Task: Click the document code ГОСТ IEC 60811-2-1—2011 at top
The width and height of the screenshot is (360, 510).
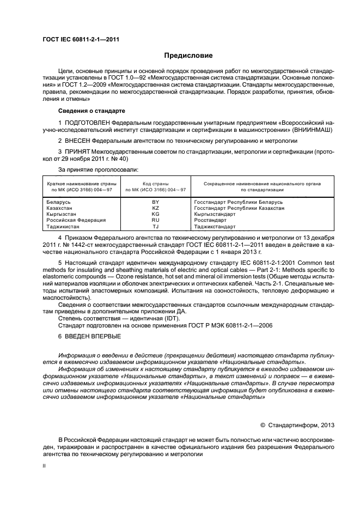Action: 81,40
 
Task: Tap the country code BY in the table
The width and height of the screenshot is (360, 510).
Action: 155,202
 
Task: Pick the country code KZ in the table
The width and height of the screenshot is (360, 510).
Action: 155,208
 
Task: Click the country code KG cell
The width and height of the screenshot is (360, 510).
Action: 155,214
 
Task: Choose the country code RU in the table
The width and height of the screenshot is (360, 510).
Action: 155,220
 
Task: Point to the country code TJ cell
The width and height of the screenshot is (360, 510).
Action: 155,226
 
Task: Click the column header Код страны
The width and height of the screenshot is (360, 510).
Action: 156,184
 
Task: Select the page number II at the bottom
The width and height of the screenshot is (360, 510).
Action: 45,467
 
